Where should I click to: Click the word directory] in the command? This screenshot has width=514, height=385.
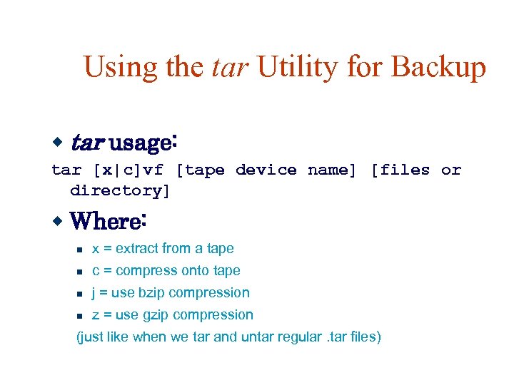click(x=120, y=190)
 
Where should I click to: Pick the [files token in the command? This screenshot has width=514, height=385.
click(x=400, y=170)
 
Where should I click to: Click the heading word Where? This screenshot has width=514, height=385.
click(x=109, y=221)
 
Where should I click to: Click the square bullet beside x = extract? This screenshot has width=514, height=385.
click(x=81, y=250)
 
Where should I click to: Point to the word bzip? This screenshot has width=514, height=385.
click(x=153, y=292)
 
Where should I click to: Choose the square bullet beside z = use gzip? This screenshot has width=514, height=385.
click(x=81, y=316)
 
